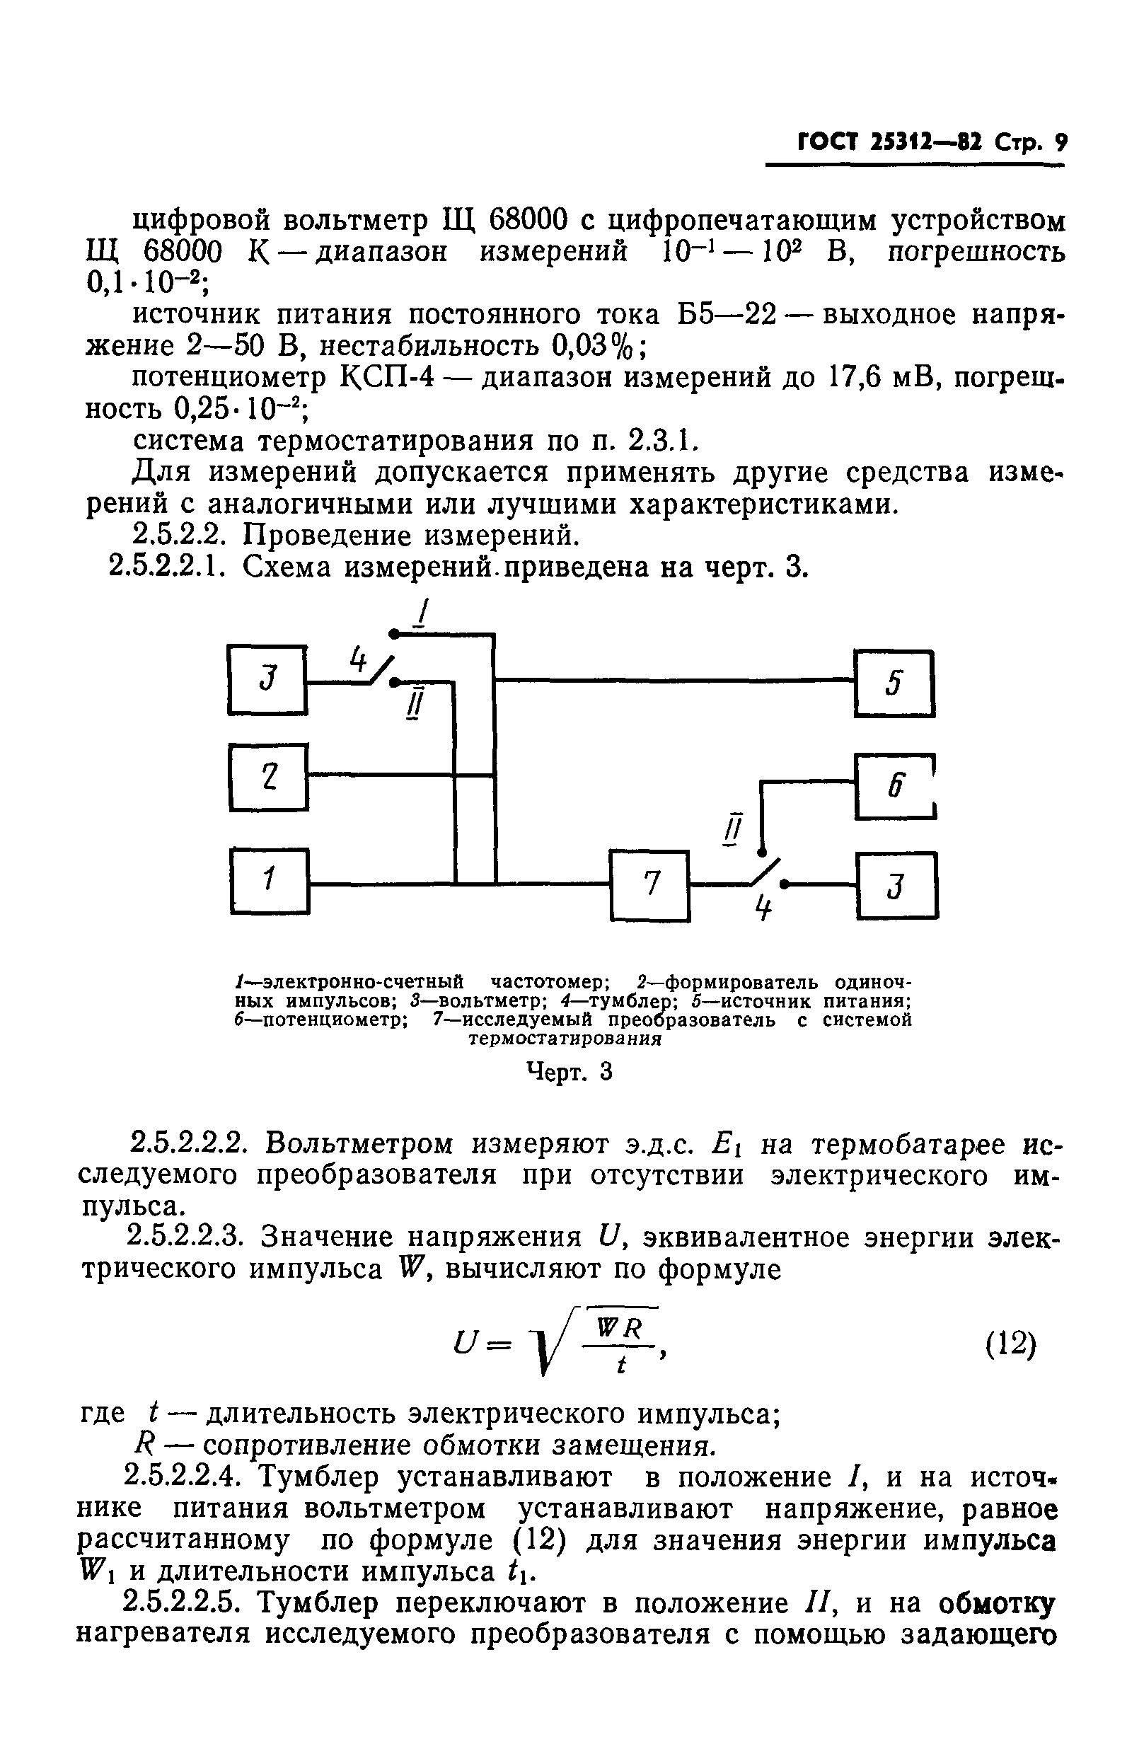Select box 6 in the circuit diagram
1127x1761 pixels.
click(x=895, y=786)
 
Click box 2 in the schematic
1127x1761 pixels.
click(x=269, y=777)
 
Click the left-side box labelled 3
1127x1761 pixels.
click(x=267, y=679)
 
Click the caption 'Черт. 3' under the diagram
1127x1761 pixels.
click(x=570, y=1073)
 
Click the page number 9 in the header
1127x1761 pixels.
click(x=1060, y=142)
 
